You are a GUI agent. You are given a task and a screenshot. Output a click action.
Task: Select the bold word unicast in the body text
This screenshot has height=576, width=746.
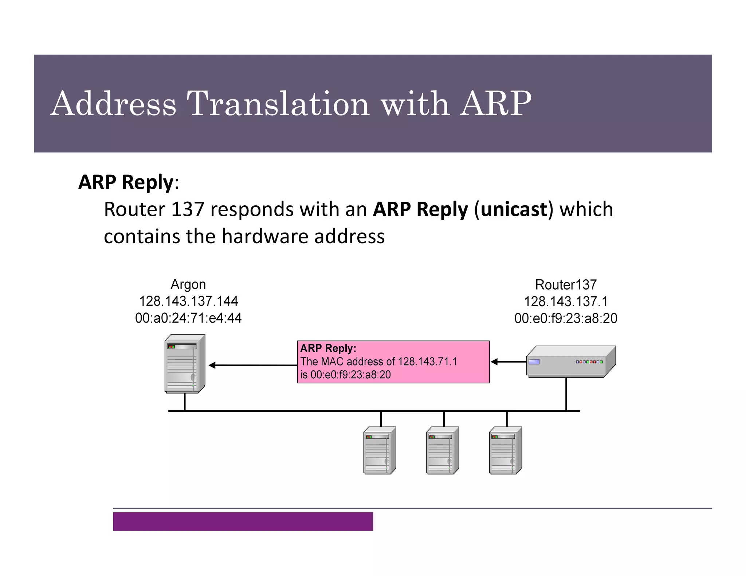[514, 209]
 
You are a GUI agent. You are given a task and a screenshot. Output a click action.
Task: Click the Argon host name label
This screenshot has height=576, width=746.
[188, 284]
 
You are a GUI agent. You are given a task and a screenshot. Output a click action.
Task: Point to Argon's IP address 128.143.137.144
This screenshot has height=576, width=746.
[188, 301]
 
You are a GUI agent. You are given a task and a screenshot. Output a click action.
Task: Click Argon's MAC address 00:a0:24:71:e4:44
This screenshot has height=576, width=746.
[188, 318]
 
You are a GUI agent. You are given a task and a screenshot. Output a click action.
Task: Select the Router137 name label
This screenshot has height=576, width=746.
[566, 284]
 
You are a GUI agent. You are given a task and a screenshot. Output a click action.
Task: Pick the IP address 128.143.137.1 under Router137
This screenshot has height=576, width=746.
[566, 301]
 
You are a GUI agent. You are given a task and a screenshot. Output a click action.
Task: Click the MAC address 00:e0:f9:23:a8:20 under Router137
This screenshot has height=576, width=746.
[566, 318]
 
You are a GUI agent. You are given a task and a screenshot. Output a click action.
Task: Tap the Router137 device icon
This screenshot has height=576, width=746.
[570, 362]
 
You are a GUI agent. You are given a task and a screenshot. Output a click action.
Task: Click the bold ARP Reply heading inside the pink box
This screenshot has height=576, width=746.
[328, 348]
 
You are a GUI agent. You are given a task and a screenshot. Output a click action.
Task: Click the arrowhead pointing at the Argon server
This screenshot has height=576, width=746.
[212, 365]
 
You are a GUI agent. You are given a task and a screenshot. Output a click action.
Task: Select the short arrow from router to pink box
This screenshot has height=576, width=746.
[508, 362]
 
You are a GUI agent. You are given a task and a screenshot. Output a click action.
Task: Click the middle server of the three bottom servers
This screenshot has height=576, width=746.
[442, 450]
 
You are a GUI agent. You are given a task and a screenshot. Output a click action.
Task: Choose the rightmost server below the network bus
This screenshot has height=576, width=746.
[505, 450]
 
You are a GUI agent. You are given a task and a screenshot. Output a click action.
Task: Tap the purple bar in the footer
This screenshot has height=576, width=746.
[243, 521]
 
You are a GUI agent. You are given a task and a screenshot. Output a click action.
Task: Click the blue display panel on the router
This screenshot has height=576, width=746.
[534, 362]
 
